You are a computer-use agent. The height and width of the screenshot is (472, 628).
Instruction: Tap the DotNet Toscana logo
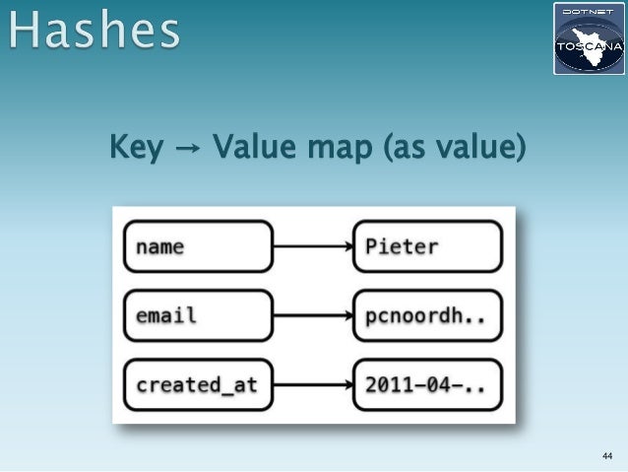coord(588,39)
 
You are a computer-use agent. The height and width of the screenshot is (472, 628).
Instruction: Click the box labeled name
coord(198,246)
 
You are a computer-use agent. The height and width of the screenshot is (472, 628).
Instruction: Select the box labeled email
coord(198,316)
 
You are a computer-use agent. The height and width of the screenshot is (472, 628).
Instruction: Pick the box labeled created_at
coord(198,385)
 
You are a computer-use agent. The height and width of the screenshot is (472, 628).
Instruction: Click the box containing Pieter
coord(427,246)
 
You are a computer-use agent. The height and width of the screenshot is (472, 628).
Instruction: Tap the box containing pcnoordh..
coord(427,316)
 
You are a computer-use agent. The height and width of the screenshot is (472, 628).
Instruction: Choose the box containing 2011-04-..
coord(427,385)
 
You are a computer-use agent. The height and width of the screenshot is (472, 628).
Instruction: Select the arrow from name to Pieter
coord(312,246)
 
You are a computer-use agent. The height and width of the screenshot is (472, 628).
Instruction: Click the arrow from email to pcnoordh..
coord(312,316)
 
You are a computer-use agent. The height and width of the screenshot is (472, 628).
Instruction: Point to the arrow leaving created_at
coord(312,385)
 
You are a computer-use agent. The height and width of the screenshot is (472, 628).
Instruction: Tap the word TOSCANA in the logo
coord(588,45)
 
